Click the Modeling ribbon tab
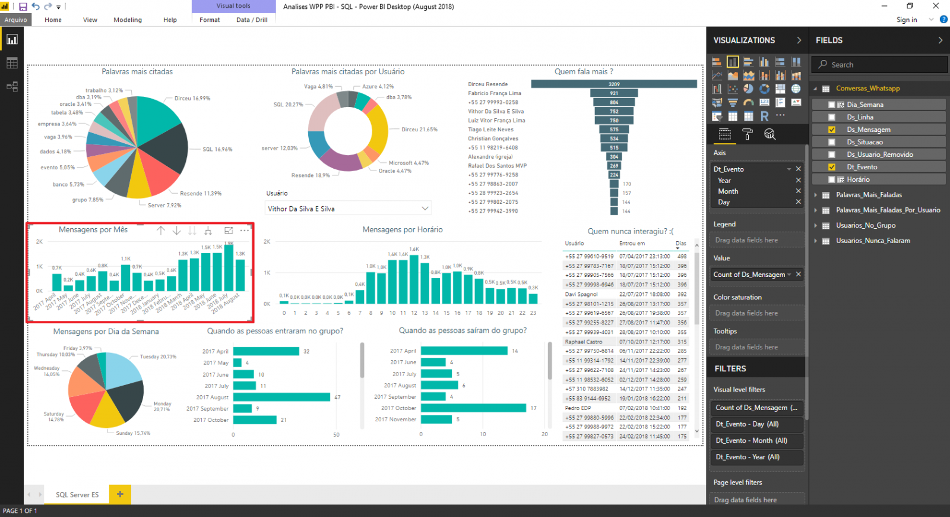point(128,20)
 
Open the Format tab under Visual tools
point(210,20)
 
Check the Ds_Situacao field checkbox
point(832,142)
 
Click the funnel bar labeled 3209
point(614,84)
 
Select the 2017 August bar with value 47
point(281,397)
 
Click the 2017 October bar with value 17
point(473,408)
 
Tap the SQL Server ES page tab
point(77,494)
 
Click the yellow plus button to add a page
point(120,494)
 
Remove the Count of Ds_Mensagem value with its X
point(799,275)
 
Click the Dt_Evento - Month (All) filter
point(751,440)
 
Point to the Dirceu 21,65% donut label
point(419,130)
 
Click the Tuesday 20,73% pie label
point(158,357)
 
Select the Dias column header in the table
point(680,244)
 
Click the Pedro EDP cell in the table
point(578,408)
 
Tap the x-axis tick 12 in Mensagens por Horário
point(414,313)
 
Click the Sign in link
point(906,20)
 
